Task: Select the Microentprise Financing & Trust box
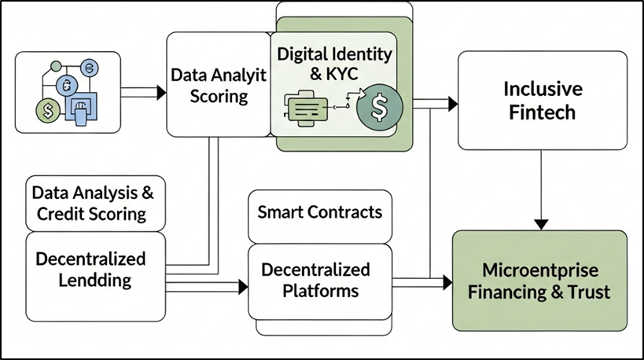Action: tap(539, 281)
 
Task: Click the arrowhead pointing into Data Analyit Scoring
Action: tap(161, 93)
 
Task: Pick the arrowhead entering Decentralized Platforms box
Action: tap(242, 288)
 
